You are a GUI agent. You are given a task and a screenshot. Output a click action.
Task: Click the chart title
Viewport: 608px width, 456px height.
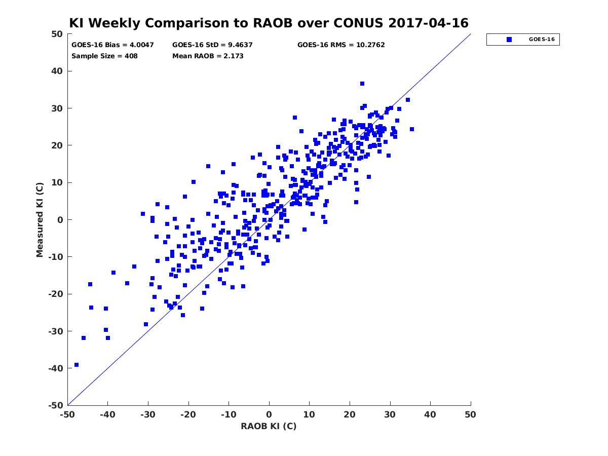[269, 23]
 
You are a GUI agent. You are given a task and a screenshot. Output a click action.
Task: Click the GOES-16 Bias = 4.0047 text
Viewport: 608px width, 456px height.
[112, 45]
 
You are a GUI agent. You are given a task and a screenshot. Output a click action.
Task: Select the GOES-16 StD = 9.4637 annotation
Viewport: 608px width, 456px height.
[212, 45]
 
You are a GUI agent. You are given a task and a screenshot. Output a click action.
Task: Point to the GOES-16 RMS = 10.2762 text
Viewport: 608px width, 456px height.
[341, 45]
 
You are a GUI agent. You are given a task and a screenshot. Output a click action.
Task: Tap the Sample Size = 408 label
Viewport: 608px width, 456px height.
[104, 56]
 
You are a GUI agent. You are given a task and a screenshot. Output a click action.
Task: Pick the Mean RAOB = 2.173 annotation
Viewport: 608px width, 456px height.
[208, 56]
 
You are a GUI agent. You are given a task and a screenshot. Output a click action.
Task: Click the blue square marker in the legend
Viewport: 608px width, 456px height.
[509, 40]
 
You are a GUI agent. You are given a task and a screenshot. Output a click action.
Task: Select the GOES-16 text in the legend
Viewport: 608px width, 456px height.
[542, 40]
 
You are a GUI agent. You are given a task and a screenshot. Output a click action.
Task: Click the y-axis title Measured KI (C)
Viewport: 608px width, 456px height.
[40, 219]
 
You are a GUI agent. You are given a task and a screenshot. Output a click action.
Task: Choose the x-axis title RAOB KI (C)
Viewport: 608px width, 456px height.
[269, 426]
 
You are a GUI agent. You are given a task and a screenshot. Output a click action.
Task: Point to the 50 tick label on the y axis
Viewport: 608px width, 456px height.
[57, 34]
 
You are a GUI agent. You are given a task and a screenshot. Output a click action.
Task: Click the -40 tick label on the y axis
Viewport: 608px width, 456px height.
[56, 368]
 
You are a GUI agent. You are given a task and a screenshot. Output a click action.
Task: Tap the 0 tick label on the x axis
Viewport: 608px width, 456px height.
[269, 414]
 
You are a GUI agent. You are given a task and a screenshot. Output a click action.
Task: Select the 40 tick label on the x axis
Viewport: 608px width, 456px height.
[430, 414]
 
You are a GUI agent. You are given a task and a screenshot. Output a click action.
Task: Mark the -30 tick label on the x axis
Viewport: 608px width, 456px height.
[148, 414]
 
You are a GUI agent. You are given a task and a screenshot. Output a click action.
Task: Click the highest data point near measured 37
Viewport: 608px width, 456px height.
[362, 84]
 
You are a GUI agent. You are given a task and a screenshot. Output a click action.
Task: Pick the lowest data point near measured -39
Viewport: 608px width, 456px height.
[77, 365]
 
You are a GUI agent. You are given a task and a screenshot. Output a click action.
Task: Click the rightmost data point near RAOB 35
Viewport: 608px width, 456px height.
[412, 129]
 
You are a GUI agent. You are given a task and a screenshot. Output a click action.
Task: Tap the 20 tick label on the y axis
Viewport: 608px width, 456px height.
[57, 145]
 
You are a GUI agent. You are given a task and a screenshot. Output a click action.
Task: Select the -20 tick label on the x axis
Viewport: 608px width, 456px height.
[188, 414]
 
